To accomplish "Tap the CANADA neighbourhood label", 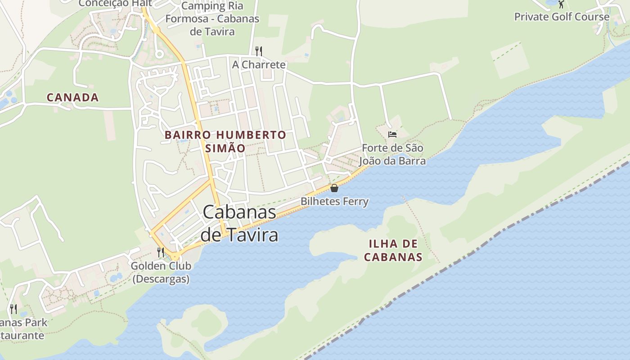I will (x=72, y=97).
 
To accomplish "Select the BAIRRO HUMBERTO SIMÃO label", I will (x=225, y=141).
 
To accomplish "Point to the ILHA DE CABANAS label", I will (x=393, y=251).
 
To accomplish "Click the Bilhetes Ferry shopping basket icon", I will (x=334, y=188).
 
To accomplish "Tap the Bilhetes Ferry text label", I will (x=334, y=201).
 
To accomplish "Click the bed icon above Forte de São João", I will (x=392, y=134).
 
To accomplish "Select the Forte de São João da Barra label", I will (x=393, y=154).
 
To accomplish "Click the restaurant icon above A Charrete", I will (x=258, y=51).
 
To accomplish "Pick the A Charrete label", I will (x=259, y=65).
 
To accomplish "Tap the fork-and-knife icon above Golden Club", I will (x=161, y=252).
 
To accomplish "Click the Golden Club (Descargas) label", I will (x=161, y=272).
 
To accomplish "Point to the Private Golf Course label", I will (x=562, y=17).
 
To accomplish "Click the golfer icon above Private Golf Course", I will (x=561, y=4).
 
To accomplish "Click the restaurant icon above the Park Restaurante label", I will (x=13, y=309).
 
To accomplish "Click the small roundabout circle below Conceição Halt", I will (x=158, y=54).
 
